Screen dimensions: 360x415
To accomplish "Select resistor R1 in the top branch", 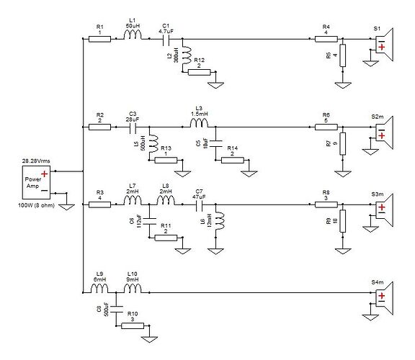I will click(x=99, y=40).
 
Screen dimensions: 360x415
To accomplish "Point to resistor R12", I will click(x=199, y=71).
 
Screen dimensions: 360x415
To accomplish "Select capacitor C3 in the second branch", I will click(x=133, y=127).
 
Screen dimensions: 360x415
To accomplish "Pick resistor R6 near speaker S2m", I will click(x=326, y=127).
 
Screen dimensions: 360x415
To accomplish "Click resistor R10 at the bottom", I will click(x=132, y=325).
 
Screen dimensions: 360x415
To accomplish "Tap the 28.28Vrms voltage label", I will click(x=35, y=160).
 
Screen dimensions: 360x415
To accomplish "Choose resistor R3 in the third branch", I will click(x=99, y=205).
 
